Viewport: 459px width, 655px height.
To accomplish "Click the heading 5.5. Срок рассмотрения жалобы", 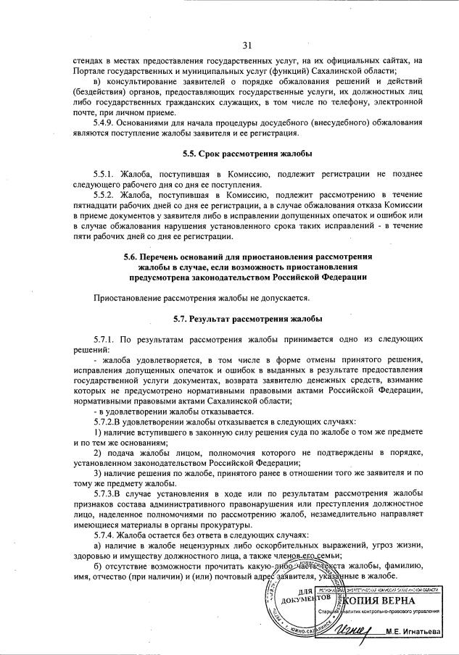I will tap(247, 154).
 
